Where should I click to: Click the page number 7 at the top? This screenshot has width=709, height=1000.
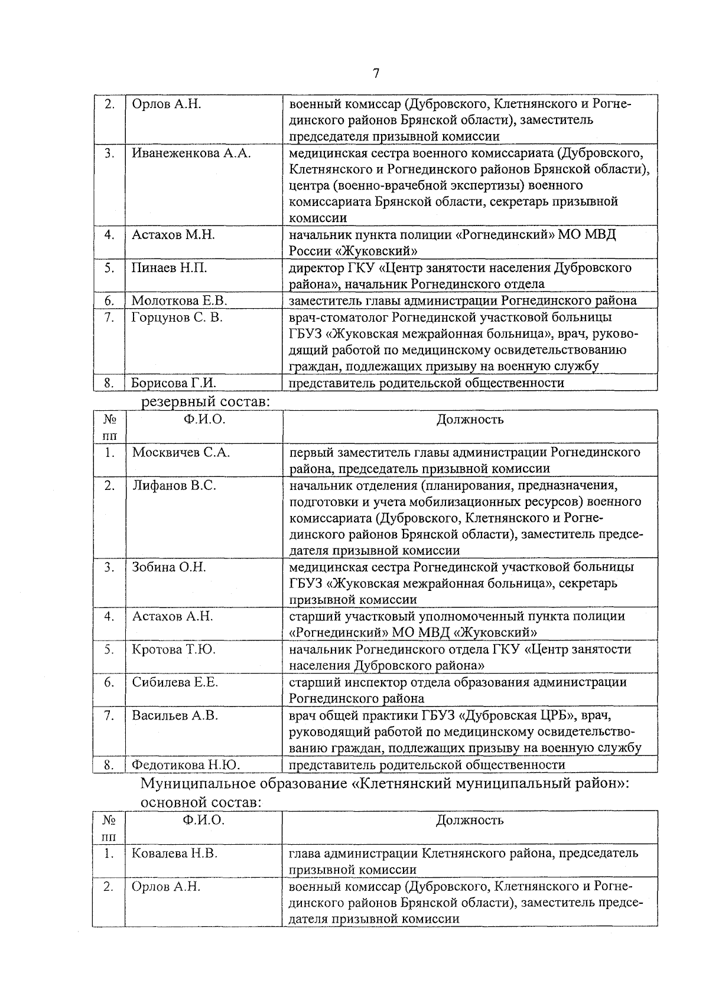tap(376, 73)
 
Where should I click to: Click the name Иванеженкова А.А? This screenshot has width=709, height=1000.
tap(191, 153)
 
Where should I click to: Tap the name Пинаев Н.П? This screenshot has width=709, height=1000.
tap(169, 268)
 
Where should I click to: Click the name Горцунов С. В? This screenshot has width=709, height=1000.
tap(177, 318)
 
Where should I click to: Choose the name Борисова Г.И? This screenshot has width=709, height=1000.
tap(173, 383)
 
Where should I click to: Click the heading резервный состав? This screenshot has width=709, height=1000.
tap(205, 401)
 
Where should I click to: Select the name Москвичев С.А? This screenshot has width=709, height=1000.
tap(181, 453)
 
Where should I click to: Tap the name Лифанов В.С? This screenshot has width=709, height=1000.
tap(174, 486)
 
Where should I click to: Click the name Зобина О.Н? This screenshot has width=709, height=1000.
tap(168, 567)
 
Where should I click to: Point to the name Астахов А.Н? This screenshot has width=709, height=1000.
tap(172, 616)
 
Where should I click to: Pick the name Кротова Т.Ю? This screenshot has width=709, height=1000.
tap(174, 649)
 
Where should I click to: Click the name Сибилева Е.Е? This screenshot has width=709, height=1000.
tap(175, 682)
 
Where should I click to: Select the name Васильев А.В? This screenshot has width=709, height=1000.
tap(175, 715)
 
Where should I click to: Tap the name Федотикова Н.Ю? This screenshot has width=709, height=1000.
tap(185, 765)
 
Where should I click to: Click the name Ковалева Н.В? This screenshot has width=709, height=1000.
tap(174, 854)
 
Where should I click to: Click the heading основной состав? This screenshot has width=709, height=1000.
tap(201, 802)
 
